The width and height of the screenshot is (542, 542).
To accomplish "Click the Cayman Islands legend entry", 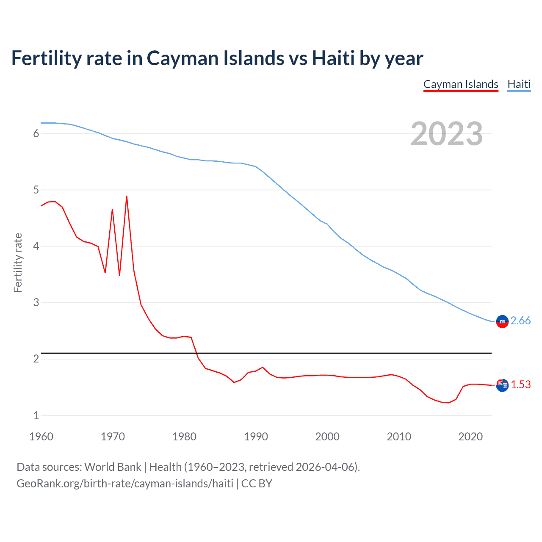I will pyautogui.click(x=461, y=84).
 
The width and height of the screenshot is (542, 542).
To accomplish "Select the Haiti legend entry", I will pyautogui.click(x=519, y=84).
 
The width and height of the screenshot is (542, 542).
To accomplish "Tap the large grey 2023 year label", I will pyautogui.click(x=446, y=134).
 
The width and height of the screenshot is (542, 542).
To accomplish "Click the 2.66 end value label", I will pyautogui.click(x=520, y=321).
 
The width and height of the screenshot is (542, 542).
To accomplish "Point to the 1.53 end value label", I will pyautogui.click(x=520, y=384).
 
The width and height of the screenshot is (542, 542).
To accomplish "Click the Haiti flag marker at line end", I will pyautogui.click(x=502, y=322).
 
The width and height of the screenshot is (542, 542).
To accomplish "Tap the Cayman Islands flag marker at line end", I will pyautogui.click(x=502, y=385).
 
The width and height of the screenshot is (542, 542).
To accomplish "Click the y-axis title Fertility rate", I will pyautogui.click(x=18, y=263).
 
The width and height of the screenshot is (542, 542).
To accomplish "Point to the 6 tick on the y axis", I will pyautogui.click(x=36, y=134).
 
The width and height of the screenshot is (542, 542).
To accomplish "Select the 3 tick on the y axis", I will pyautogui.click(x=36, y=303).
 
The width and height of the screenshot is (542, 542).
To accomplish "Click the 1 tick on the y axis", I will pyautogui.click(x=36, y=415).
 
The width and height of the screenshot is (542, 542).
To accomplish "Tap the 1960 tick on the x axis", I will pyautogui.click(x=41, y=437).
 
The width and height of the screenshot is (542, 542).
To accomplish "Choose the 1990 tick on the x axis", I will pyautogui.click(x=256, y=437).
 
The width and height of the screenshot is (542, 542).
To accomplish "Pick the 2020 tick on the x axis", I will pyautogui.click(x=470, y=437).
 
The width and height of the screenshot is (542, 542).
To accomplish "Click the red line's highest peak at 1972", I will pyautogui.click(x=127, y=196).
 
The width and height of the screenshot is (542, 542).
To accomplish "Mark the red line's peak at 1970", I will pyautogui.click(x=112, y=209).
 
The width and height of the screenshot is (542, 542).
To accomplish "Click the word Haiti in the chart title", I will pyautogui.click(x=333, y=58).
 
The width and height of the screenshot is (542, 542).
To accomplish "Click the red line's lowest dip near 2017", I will pyautogui.click(x=449, y=403).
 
